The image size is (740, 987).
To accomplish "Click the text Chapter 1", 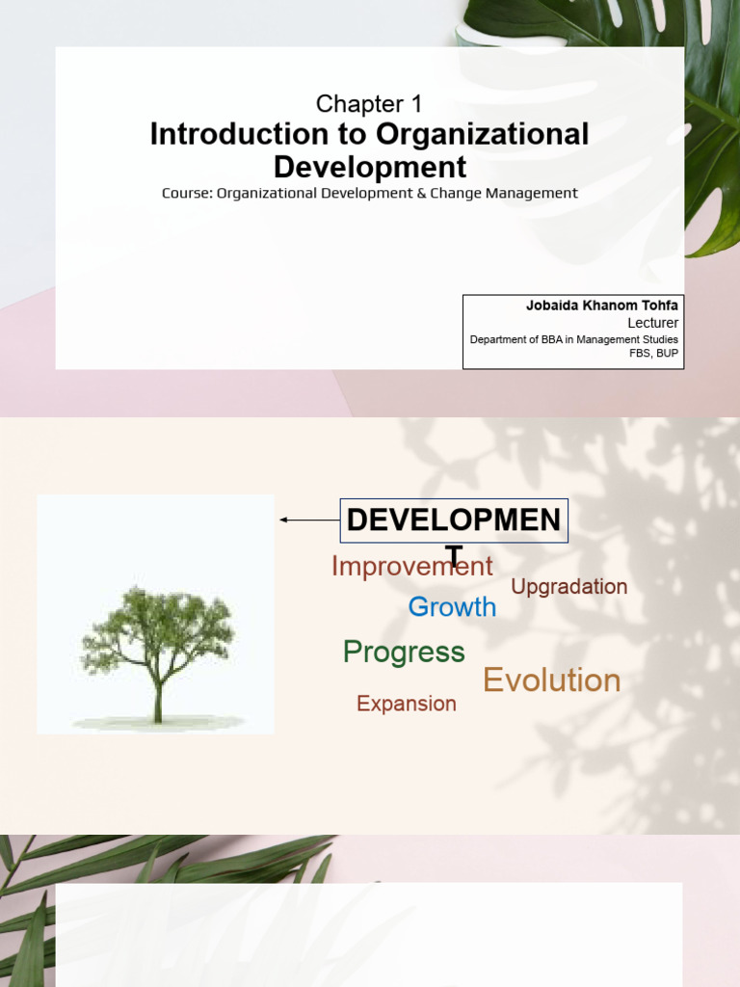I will pos(370,104).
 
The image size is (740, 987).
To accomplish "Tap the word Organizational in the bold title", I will pos(483,135).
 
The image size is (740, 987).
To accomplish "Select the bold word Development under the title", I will pos(370,167).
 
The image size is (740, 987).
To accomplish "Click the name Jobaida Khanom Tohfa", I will pos(601,306).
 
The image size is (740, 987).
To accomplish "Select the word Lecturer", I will pos(652,323).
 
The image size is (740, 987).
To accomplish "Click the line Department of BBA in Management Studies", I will pos(574,339).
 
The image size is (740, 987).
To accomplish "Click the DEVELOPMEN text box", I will pos(454,521).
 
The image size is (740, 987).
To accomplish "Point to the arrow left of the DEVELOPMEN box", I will pos(308,520).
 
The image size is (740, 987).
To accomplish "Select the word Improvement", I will pos(411,567).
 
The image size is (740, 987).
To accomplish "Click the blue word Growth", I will pos(452,607).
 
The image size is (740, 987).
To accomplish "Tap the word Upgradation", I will pos(568,587).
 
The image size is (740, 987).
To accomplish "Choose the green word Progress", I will pos(404,653).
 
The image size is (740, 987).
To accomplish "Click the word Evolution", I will pos(551,680).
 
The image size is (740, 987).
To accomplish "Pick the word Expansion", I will pos(406,704).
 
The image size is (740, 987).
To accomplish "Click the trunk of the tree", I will pos(157,699).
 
